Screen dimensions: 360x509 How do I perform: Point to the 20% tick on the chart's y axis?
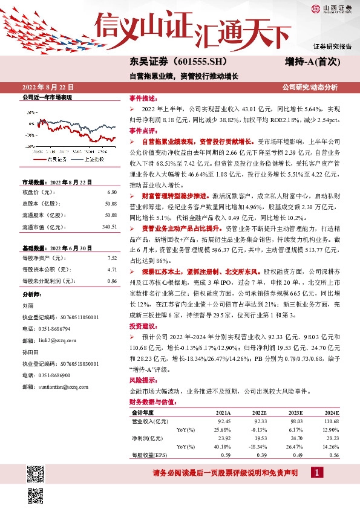(31, 113)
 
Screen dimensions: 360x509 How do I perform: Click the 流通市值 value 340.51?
(108, 227)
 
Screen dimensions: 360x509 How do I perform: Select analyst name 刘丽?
(28, 306)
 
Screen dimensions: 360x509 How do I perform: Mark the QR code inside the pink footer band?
(36, 472)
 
